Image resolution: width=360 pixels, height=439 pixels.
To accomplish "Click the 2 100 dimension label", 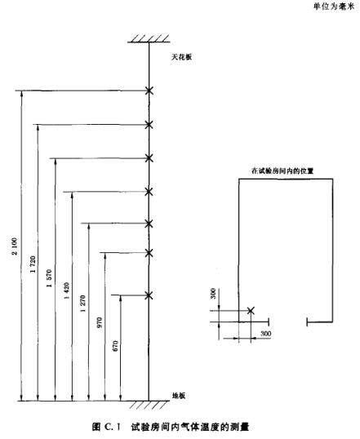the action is point(15,246).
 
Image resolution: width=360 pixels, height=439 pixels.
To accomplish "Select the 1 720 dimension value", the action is point(33,264).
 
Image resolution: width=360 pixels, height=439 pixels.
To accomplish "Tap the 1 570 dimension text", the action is point(49,278).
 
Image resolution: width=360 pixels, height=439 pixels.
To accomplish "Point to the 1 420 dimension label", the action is point(67,290).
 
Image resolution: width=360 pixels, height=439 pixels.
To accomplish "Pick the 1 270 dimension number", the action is point(83,304).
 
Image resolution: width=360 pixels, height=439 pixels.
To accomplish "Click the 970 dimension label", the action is point(100,322).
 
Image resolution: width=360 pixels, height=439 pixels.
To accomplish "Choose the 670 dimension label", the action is point(115,346).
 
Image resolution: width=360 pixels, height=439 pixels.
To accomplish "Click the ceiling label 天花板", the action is point(182,57).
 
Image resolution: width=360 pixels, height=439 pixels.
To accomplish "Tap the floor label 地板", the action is point(179,396).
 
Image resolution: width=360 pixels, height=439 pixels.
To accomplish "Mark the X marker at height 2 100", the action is point(149,91).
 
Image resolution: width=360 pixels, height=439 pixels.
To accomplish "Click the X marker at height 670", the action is point(149,295).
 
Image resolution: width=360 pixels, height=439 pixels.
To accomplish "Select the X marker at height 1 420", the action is point(149,192).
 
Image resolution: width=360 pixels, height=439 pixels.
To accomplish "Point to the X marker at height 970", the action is point(149,253).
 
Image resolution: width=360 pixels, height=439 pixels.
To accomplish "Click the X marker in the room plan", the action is point(251,311).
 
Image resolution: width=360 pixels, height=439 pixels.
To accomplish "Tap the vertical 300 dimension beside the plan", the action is point(213,294).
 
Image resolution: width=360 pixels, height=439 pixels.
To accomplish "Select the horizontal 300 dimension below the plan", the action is point(265,334).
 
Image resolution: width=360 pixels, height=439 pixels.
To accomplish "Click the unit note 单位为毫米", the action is point(334,7).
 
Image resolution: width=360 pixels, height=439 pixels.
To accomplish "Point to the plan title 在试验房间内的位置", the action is point(282,171).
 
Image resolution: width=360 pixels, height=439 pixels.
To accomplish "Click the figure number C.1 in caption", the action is point(112,428).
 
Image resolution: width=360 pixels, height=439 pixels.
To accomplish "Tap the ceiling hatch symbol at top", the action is point(149,38).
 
